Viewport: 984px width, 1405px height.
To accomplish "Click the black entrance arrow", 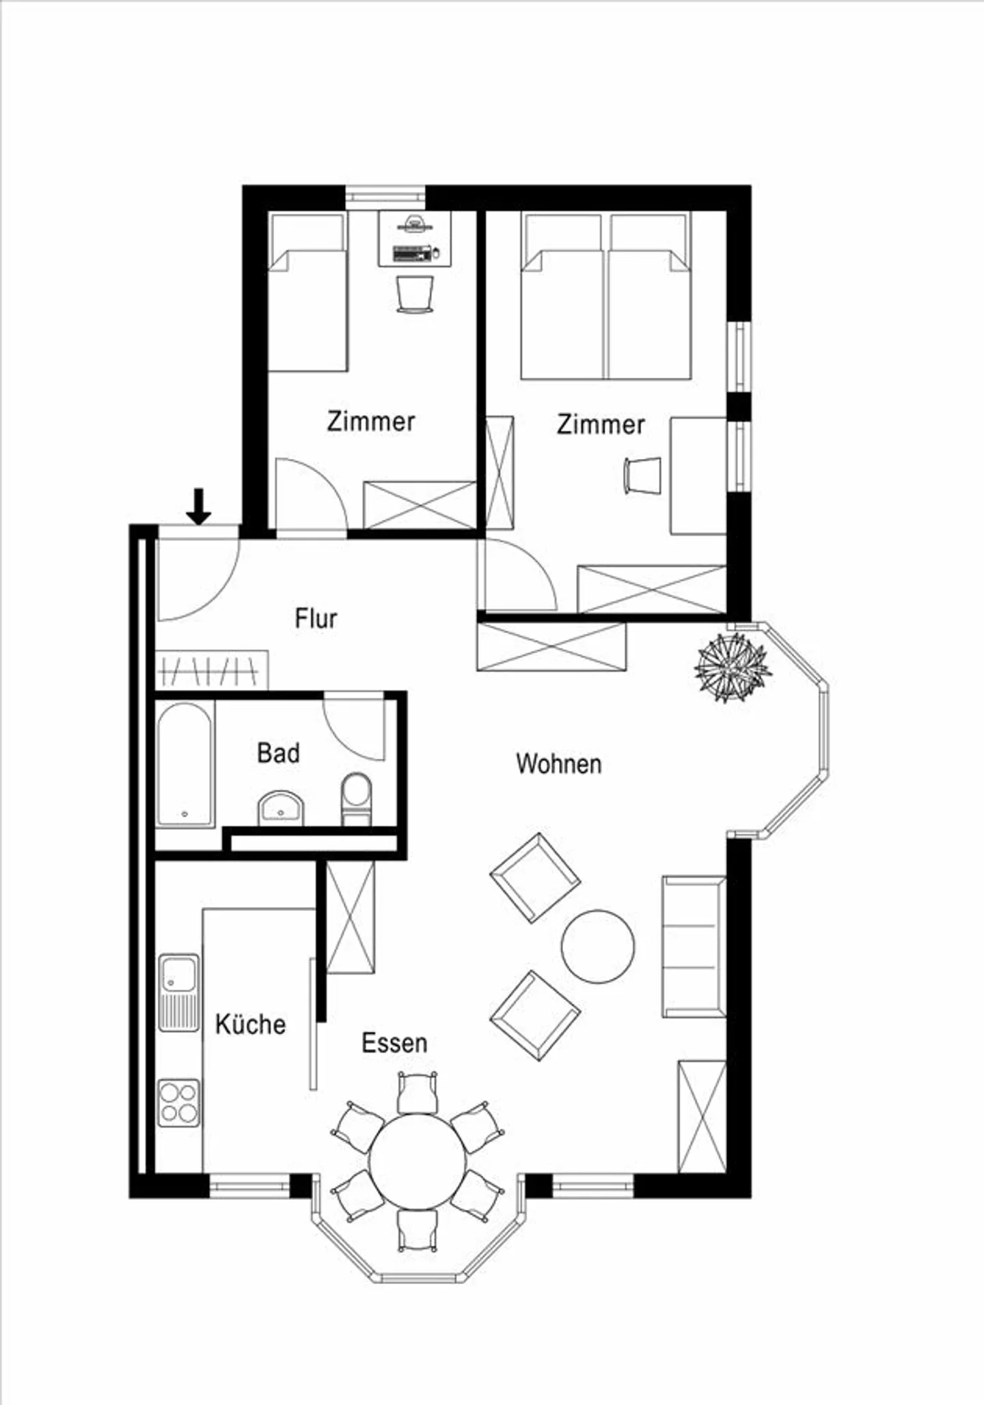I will pos(199,506).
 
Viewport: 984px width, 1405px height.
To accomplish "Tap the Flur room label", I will pos(316,619).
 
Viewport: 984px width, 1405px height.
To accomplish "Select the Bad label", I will pos(278,753).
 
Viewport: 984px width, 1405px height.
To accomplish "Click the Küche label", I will pos(250,1025).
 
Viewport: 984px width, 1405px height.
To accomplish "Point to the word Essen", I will pos(394,1043).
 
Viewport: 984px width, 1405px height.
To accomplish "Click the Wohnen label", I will pos(559,764).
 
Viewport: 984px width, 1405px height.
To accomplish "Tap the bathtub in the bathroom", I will pos(184,764).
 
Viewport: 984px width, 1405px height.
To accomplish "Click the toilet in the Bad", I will pos(356,798).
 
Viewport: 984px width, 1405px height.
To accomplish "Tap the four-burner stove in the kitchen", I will pos(179,1102).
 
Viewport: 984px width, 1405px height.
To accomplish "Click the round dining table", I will pos(417,1163).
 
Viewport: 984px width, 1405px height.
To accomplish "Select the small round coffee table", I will pos(598,946).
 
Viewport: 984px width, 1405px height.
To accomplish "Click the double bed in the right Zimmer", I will pos(605,297).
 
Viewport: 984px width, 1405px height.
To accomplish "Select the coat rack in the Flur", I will pos(212,671).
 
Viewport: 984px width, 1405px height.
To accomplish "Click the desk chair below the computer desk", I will pos(415,294).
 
